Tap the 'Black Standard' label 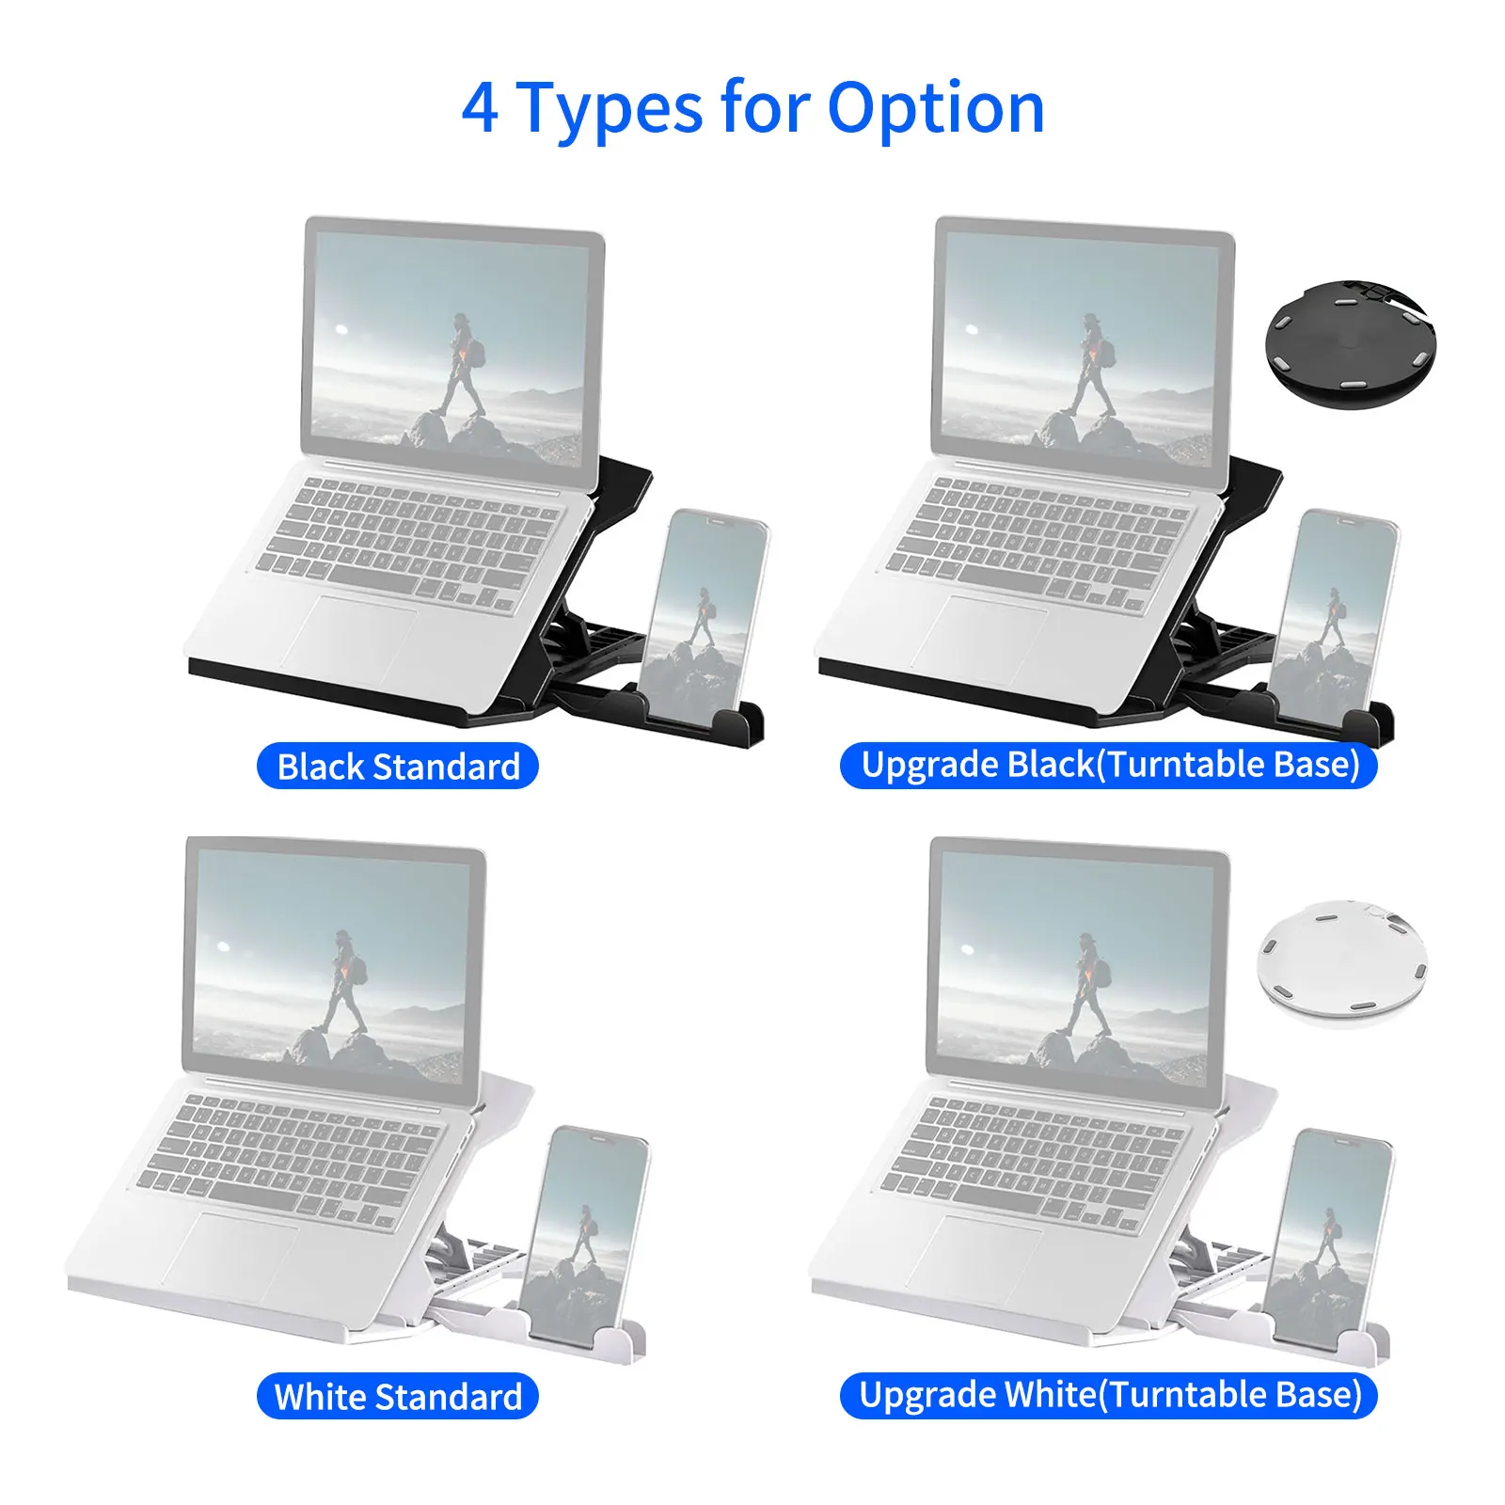pyautogui.click(x=398, y=767)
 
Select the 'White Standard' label pyautogui.click(x=398, y=1397)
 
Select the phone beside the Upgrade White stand pyautogui.click(x=1329, y=1237)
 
